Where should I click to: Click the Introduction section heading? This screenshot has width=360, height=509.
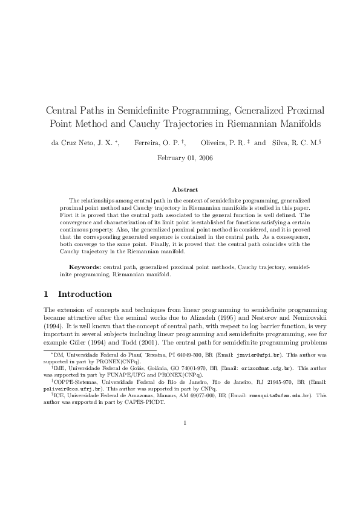point(85,294)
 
